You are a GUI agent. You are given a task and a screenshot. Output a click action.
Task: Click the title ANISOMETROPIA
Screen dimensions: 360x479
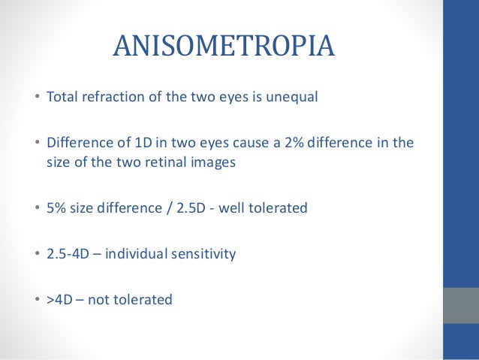coord(223,47)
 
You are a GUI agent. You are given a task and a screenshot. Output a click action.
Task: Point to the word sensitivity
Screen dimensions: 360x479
coord(205,254)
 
